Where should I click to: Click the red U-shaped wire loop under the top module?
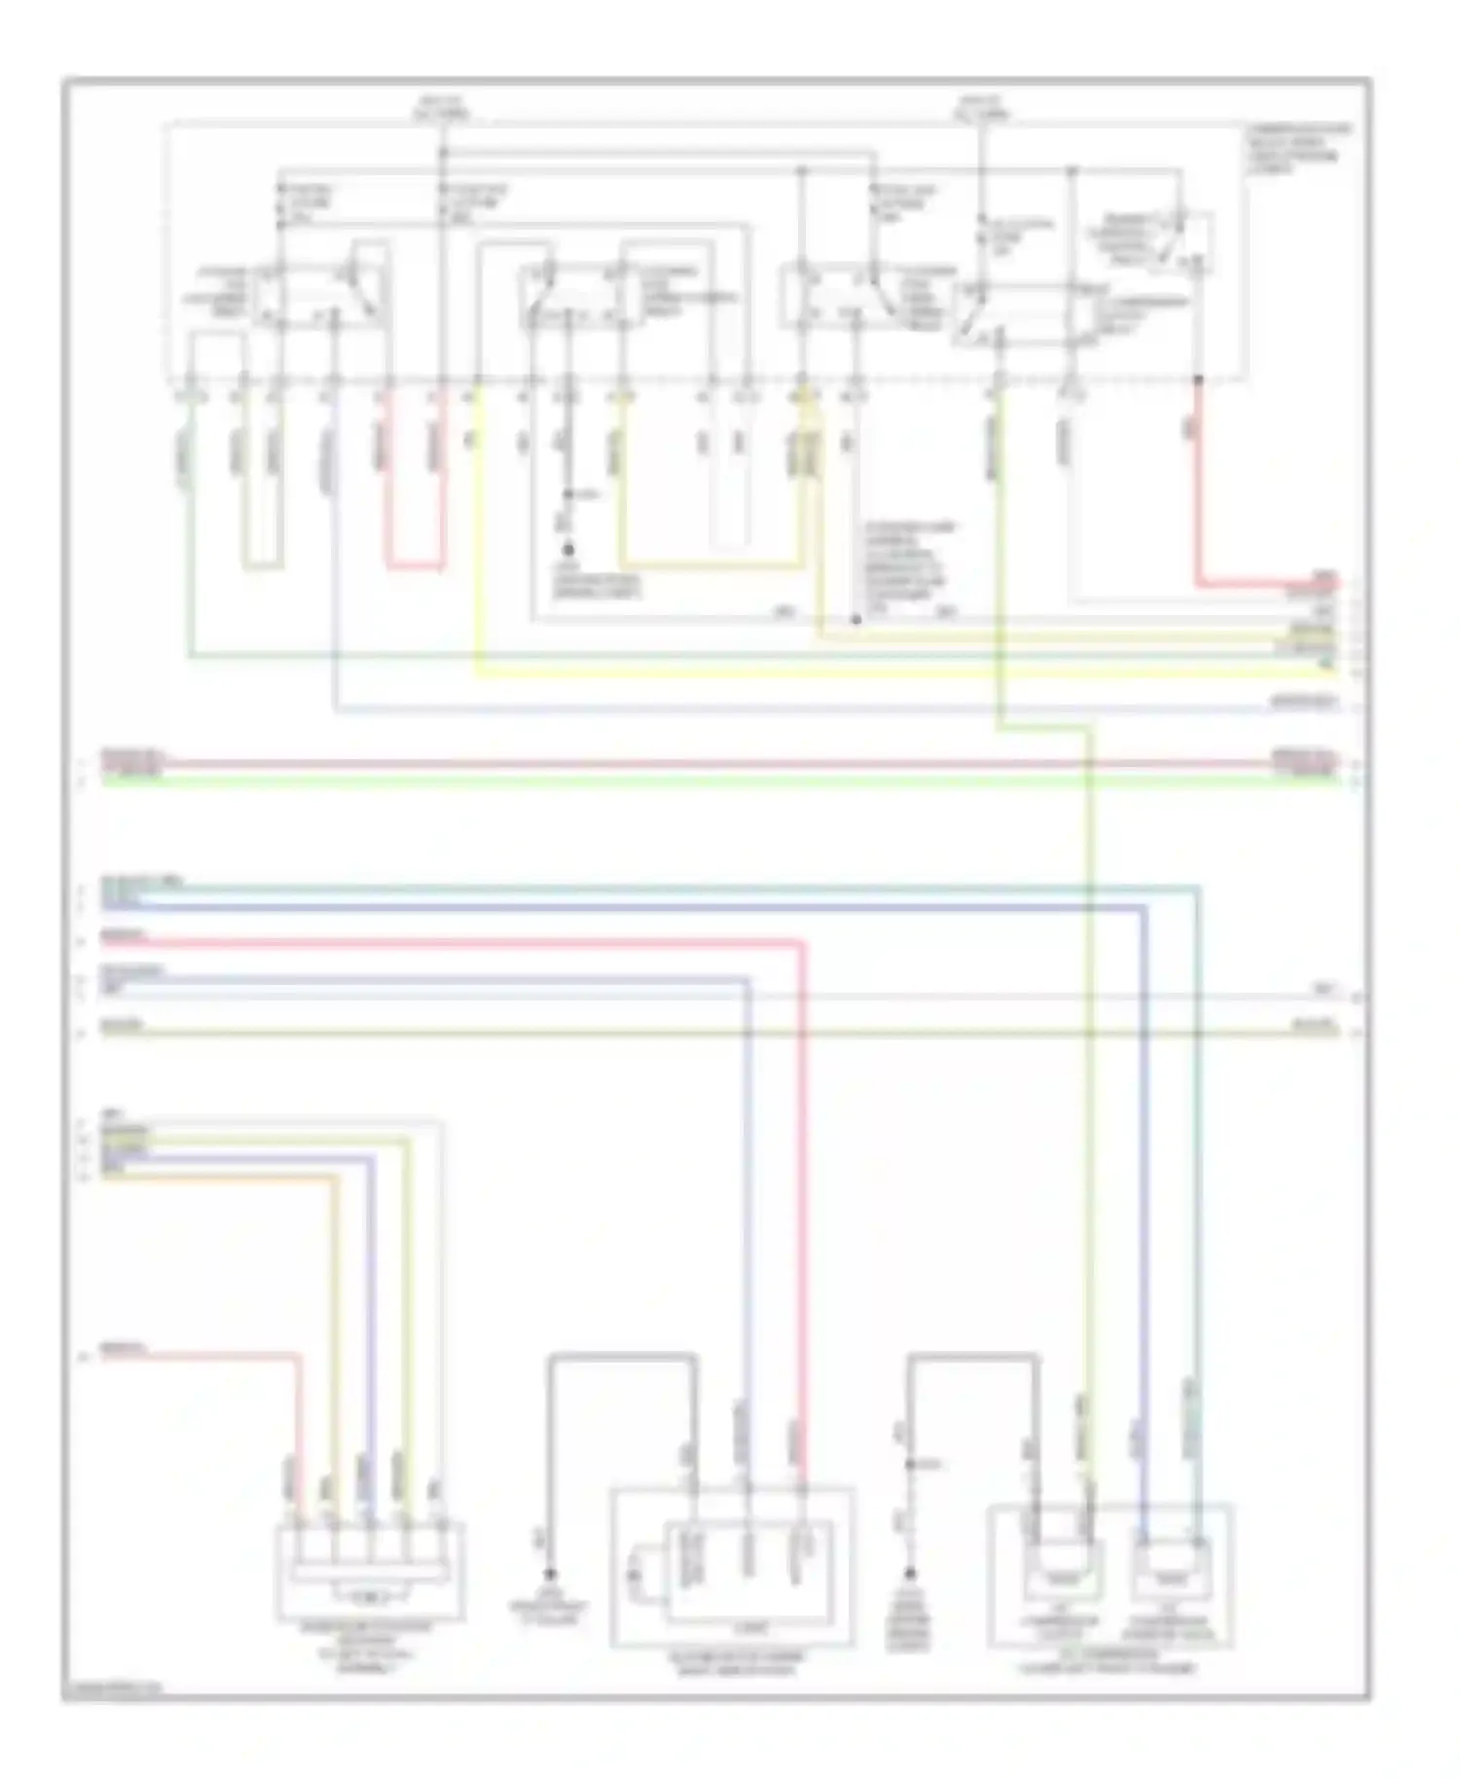(416, 565)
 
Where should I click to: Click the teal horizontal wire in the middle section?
(681, 888)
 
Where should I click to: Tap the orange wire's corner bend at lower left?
(338, 1178)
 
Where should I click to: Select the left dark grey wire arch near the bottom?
(622, 1356)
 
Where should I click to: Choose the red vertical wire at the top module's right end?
(1198, 477)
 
